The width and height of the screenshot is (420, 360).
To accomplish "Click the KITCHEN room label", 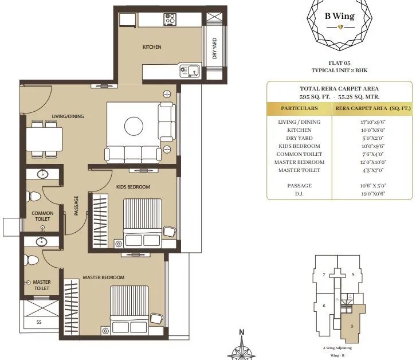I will (152, 47).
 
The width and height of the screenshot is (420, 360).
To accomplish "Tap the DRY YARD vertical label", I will (215, 49).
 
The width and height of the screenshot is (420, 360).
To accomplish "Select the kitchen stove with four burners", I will (170, 19).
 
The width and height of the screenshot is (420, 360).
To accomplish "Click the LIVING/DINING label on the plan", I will (68, 116).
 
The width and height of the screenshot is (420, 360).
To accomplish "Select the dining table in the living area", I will (44, 138).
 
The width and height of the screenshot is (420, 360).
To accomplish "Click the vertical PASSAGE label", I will (76, 206).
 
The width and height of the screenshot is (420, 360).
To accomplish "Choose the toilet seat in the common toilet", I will (34, 197).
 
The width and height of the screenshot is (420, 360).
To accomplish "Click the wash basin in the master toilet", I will (41, 241).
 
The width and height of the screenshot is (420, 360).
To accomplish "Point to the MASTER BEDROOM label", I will (103, 277).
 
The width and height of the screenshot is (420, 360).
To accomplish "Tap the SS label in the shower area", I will (39, 322).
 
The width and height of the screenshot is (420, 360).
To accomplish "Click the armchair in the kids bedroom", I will (170, 231).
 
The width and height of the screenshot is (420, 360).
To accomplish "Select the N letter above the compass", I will (242, 332).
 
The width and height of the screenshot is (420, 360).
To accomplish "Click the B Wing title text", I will (340, 16).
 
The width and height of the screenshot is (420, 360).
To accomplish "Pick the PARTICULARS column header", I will (299, 108).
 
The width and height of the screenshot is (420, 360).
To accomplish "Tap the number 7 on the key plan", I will (324, 275).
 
